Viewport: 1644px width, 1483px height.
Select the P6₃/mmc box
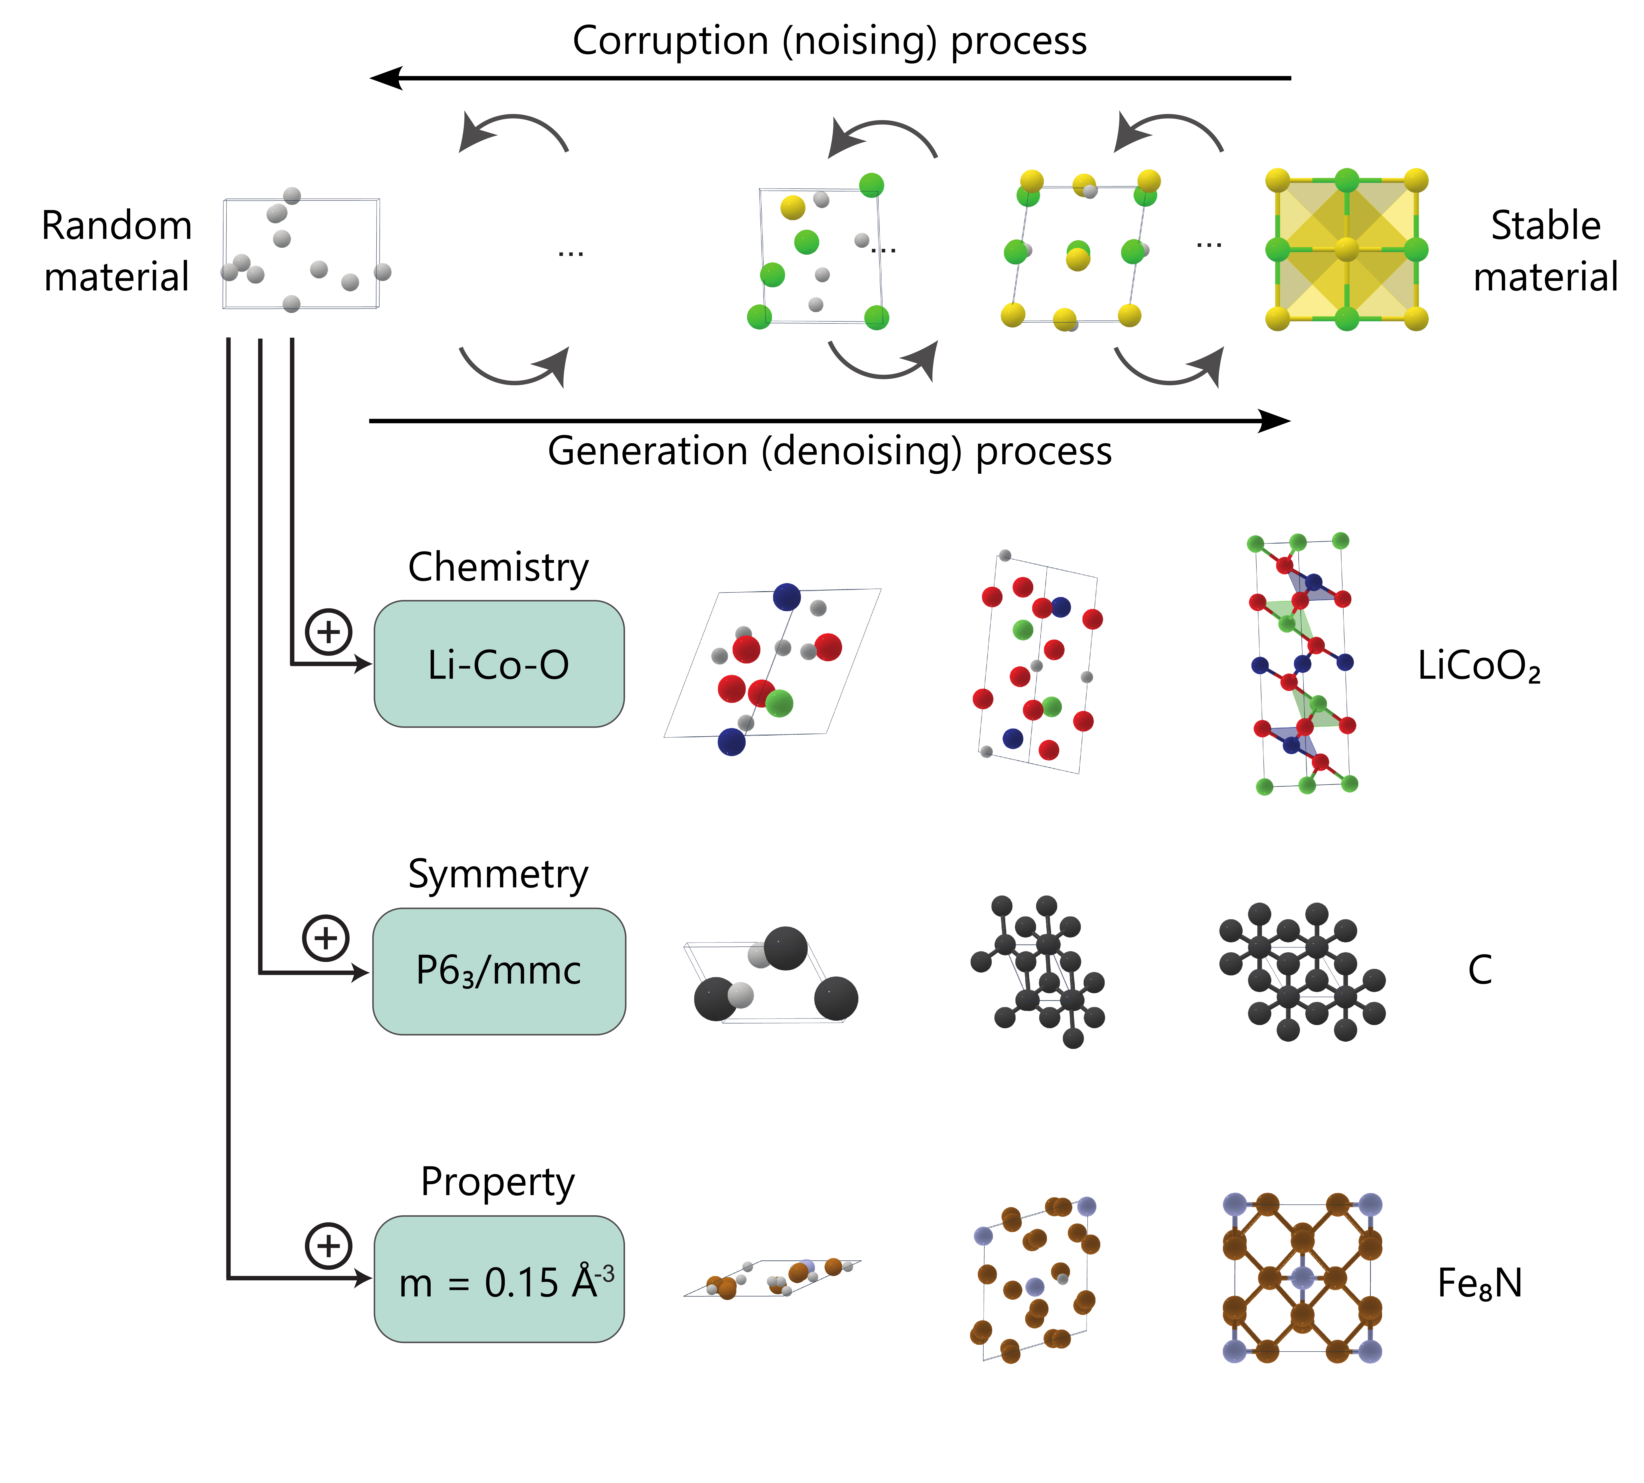[x=499, y=970]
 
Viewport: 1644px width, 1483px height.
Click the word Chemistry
[x=498, y=567]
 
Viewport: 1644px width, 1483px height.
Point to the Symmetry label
[x=498, y=874]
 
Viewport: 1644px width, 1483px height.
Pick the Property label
[x=498, y=1182]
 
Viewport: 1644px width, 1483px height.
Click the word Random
[x=117, y=226]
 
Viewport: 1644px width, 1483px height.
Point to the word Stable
[x=1545, y=226]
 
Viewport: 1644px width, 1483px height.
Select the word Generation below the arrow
[x=648, y=451]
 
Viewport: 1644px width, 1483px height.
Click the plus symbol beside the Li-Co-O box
[x=328, y=631]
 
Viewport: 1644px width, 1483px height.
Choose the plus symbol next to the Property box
[x=328, y=1245]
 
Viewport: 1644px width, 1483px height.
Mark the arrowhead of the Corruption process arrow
[x=385, y=78]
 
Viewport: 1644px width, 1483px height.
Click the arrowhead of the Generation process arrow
[x=1276, y=421]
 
